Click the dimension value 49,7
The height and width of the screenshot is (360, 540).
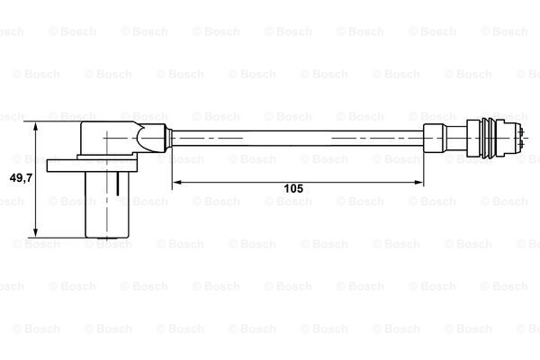click(x=21, y=178)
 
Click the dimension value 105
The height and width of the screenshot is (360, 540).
click(x=293, y=188)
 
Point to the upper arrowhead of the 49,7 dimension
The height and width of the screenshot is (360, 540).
click(x=35, y=127)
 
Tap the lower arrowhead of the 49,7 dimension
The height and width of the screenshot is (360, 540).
click(x=35, y=232)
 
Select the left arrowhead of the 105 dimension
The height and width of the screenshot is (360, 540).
click(x=177, y=182)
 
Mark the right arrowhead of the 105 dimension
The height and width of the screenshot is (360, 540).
click(x=418, y=182)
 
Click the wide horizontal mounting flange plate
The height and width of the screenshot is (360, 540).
click(x=93, y=166)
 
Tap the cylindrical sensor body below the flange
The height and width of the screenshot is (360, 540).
click(x=107, y=204)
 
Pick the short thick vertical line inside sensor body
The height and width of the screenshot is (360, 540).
click(x=118, y=184)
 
